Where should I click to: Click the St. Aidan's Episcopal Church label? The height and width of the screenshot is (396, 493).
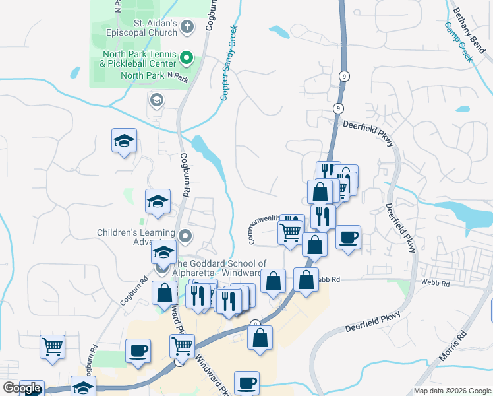point(155,27)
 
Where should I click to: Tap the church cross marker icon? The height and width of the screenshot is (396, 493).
point(187,27)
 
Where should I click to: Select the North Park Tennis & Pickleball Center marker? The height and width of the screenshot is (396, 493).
point(187,59)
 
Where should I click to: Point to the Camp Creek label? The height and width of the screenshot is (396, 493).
point(459,42)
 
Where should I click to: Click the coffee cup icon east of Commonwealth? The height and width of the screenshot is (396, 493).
point(348,236)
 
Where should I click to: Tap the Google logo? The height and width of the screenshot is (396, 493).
point(21,388)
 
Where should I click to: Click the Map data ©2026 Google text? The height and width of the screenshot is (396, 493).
point(451,391)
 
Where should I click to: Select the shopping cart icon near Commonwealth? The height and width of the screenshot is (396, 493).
point(291,232)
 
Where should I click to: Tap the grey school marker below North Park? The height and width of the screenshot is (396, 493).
point(157,100)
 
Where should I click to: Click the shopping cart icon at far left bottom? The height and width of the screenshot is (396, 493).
point(52,345)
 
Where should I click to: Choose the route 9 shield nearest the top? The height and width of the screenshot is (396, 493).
point(344,76)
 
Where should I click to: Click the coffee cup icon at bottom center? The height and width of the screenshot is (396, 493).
point(247,381)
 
